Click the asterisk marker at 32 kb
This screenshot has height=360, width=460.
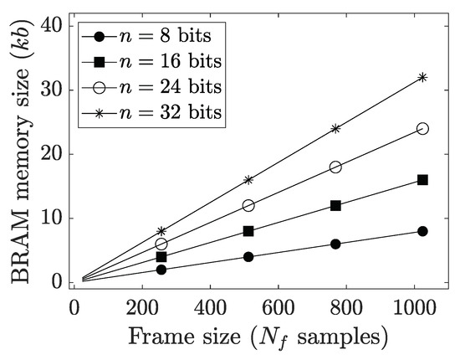[x=422, y=77]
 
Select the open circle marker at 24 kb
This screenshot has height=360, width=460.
[x=422, y=129]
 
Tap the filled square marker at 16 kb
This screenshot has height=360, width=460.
[x=422, y=180]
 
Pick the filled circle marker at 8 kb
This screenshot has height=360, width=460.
[x=422, y=231]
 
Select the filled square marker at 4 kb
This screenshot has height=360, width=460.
[x=161, y=257]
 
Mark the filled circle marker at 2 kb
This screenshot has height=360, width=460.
[x=161, y=270]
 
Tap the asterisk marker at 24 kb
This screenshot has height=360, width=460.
[x=335, y=129]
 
